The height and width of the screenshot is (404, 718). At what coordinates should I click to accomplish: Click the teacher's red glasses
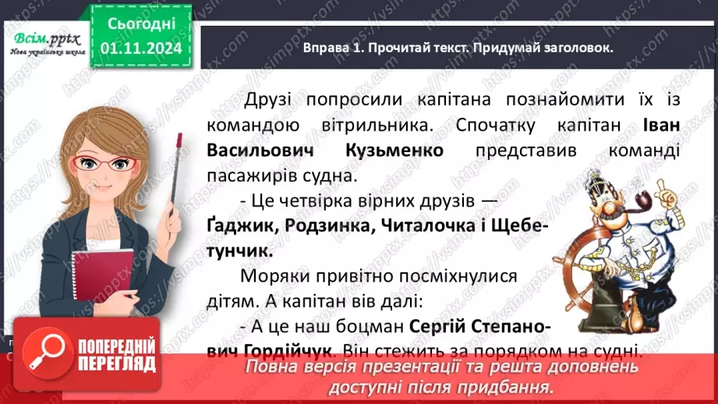pyautogui.click(x=110, y=164)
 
